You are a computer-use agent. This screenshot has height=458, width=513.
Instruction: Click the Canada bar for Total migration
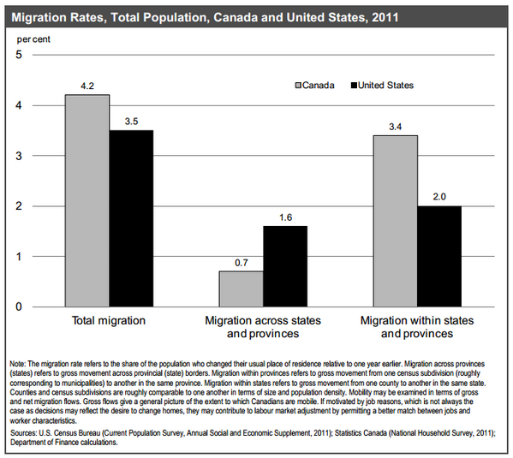87,200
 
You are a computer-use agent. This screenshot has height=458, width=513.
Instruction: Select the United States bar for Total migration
131,218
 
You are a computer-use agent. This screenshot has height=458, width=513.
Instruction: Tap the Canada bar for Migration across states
242,288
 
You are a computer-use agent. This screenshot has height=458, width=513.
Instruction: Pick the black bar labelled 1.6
285,266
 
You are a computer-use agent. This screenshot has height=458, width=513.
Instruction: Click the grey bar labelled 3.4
395,221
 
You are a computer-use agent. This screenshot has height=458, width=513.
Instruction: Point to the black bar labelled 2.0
439,256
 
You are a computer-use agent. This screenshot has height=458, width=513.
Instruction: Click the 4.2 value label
87,86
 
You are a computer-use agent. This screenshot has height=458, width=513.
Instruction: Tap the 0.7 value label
242,263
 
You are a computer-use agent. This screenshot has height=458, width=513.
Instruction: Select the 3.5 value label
131,122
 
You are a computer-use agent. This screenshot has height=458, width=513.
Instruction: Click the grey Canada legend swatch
298,86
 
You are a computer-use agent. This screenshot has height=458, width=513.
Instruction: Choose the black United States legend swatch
354,86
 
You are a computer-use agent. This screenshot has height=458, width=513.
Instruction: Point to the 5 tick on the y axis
19,55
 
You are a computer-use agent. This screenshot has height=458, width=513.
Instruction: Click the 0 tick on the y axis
19,306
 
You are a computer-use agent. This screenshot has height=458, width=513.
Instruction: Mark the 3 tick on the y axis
19,156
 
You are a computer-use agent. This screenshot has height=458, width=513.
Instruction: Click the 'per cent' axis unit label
33,39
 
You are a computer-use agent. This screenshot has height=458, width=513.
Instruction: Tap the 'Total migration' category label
109,320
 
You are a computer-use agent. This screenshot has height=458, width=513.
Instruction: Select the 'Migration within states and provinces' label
417,327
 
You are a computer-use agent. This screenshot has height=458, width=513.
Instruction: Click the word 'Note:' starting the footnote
18,364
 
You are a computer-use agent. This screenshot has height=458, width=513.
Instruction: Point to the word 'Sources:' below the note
24,433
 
